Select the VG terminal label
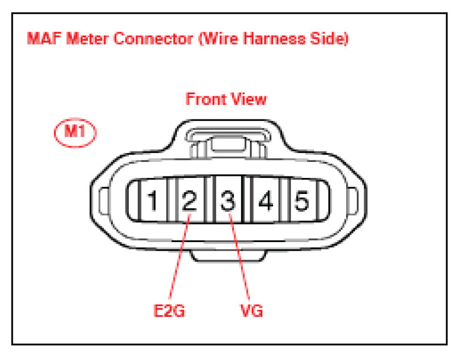[251, 311]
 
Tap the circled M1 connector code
[76, 133]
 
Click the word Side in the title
[326, 39]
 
